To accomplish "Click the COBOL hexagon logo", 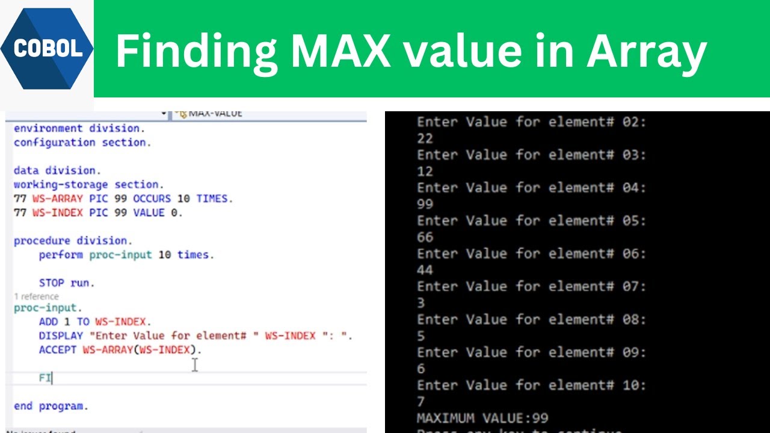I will click(47, 49).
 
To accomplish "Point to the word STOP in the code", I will click(52, 283).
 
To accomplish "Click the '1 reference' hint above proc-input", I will click(36, 296).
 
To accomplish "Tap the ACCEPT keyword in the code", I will click(58, 349).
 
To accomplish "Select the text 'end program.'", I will click(51, 406).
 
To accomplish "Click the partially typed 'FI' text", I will click(45, 378).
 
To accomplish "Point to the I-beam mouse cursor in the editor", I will click(195, 364).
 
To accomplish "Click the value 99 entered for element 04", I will click(425, 204).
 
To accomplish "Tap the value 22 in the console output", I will click(425, 138).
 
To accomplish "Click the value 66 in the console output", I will click(425, 237).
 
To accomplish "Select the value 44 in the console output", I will click(425, 270).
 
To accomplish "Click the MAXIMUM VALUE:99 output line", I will click(482, 417).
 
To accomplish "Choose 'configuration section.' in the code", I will click(82, 143).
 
